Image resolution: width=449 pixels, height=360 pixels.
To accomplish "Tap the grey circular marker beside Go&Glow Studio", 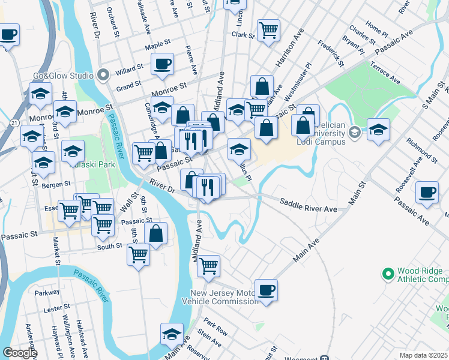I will click(102, 76).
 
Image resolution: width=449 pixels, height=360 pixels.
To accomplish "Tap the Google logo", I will click(20, 353).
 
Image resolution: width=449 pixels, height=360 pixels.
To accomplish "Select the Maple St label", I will click(158, 45).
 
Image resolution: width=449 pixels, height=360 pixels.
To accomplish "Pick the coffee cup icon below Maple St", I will click(163, 64).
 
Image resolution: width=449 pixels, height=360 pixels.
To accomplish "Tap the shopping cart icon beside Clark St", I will click(268, 29).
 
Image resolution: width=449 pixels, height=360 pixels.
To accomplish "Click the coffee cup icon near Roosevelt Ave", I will click(427, 192).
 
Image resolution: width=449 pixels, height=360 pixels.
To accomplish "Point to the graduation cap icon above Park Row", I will click(172, 334).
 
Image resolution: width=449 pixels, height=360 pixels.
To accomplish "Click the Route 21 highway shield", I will click(13, 122).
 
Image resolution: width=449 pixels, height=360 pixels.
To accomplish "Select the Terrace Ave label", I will click(385, 72).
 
